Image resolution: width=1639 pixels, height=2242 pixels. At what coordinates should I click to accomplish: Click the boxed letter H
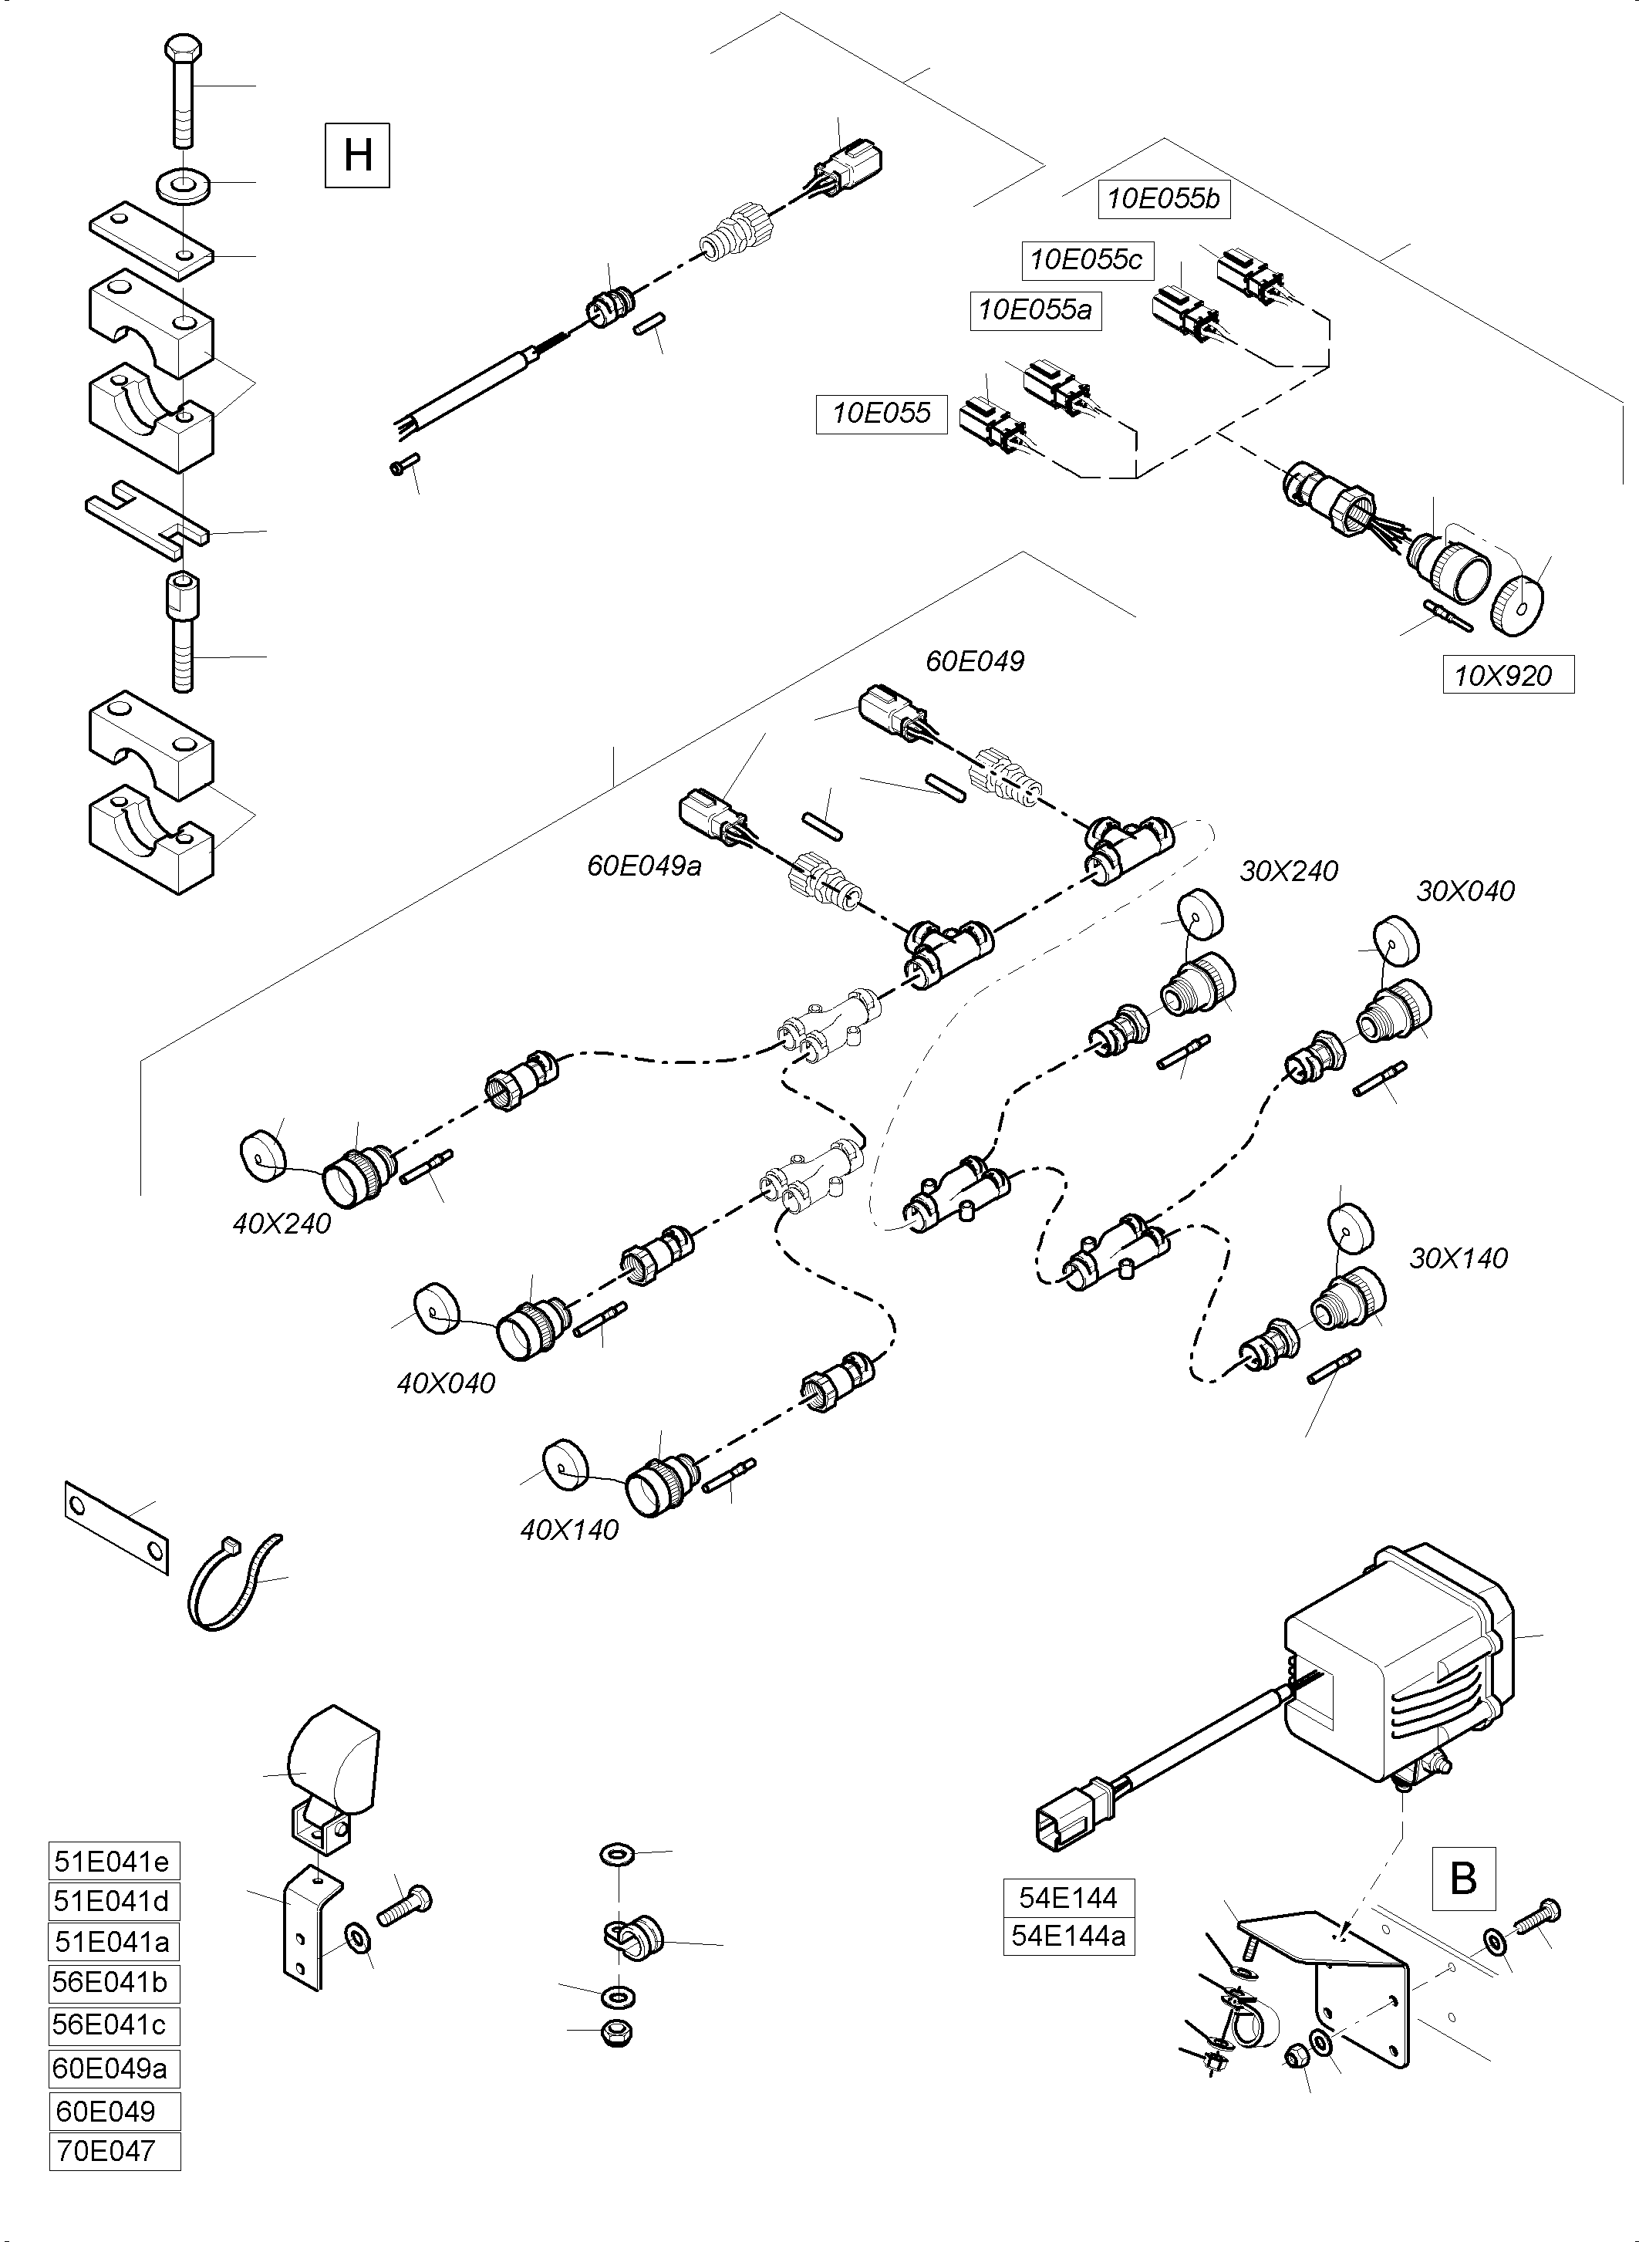click(357, 155)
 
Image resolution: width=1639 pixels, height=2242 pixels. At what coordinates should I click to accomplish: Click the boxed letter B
click(1463, 1878)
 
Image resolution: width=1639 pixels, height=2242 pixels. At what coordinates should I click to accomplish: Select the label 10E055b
click(1164, 198)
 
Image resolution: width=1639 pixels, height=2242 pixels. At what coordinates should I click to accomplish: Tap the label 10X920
click(1507, 676)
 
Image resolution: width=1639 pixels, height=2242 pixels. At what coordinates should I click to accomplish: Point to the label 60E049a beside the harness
click(644, 866)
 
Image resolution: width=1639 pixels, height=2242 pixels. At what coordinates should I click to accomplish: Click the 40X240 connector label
click(282, 1223)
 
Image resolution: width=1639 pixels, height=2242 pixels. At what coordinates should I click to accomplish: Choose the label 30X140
click(1459, 1258)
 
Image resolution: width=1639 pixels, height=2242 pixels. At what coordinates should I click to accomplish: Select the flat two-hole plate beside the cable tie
click(116, 1528)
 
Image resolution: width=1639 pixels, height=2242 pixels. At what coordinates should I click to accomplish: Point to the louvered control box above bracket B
click(1399, 1667)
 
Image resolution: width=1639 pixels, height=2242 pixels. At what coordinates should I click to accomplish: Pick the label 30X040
click(1465, 890)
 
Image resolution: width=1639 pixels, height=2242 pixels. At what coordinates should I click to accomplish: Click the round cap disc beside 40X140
click(565, 1463)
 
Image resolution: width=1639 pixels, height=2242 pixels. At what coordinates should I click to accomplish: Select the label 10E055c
click(1087, 260)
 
